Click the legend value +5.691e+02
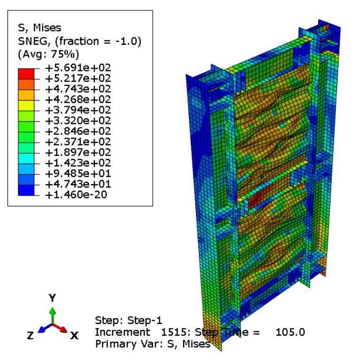coord(78,68)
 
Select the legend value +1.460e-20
coord(76,195)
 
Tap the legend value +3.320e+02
coord(78,120)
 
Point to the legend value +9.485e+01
coord(78,173)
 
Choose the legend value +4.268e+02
coord(78,100)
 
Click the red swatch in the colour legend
coord(26,74)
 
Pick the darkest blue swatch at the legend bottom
coord(26,190)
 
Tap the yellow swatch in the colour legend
coord(26,106)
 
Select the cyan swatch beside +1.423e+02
coord(26,158)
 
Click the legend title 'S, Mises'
coord(39,28)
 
